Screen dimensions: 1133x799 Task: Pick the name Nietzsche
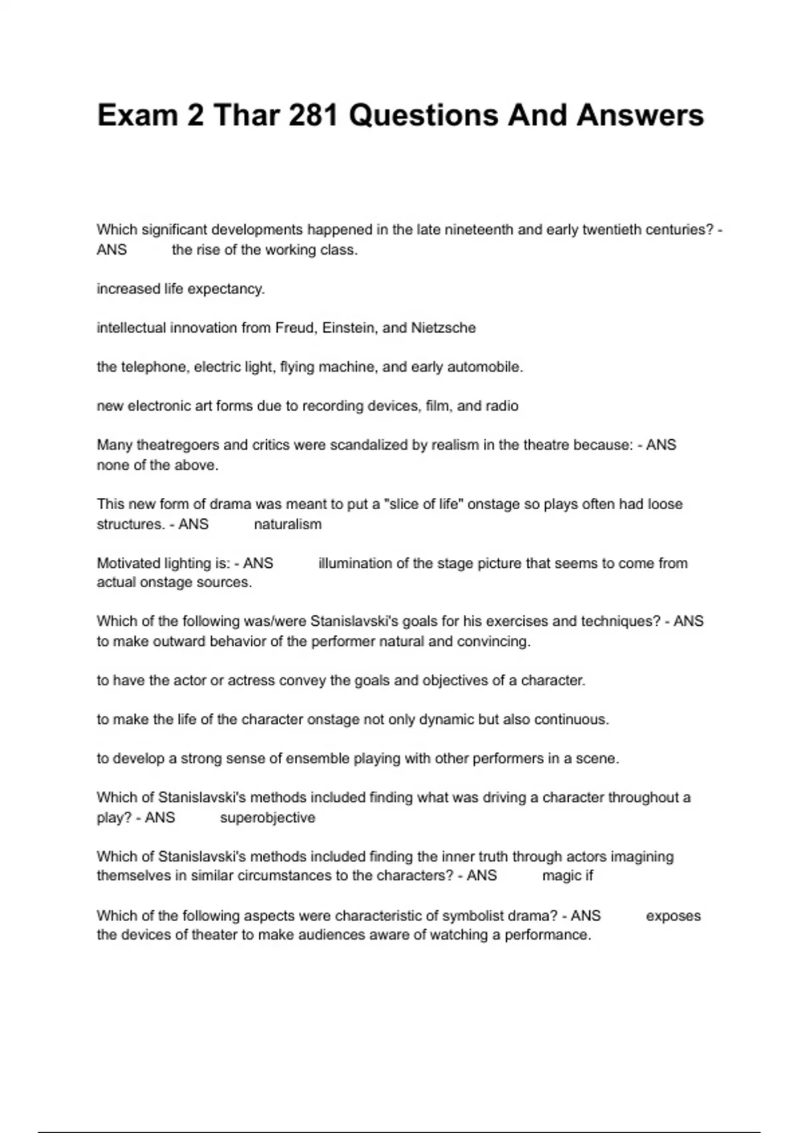(443, 328)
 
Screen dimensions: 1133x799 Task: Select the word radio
(502, 406)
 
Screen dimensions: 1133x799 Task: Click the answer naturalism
(288, 525)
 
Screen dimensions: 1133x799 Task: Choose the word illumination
(355, 563)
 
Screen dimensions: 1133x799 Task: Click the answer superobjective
(268, 818)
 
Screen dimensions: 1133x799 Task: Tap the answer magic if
(567, 876)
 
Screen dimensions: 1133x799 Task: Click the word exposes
(673, 916)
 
